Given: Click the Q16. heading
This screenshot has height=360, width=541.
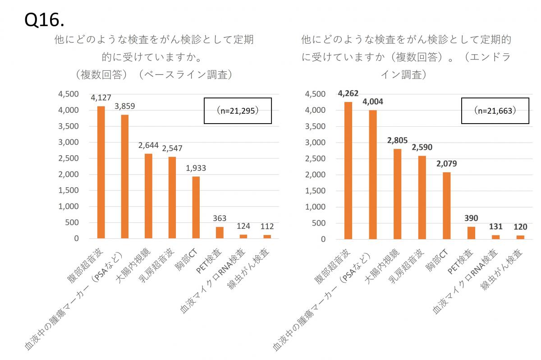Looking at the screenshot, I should click(44, 19).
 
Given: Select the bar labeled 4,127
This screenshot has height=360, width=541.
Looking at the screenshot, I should click(101, 172).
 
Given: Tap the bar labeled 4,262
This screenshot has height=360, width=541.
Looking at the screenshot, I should click(348, 171).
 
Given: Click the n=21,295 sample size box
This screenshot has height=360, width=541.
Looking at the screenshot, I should click(238, 111).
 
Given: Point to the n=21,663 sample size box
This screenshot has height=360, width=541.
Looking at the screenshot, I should click(495, 111).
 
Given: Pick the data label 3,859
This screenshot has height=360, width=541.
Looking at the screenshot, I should click(125, 106).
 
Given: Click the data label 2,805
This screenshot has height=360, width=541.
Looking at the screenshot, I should click(397, 140).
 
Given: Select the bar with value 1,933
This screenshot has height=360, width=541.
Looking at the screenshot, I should click(196, 207).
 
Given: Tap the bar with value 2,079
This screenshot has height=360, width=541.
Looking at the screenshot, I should click(446, 206).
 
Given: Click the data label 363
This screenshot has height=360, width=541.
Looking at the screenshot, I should click(220, 218).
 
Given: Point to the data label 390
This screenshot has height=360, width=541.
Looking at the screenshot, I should click(471, 218).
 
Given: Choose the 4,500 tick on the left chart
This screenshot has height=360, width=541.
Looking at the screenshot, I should click(69, 94).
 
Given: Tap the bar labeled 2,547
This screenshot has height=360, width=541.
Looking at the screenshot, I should click(172, 198).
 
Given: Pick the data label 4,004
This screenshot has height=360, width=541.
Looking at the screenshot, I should click(372, 102).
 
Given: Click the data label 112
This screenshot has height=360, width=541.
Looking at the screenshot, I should click(267, 226).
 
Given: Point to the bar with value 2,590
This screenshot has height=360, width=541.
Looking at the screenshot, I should click(422, 197).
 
